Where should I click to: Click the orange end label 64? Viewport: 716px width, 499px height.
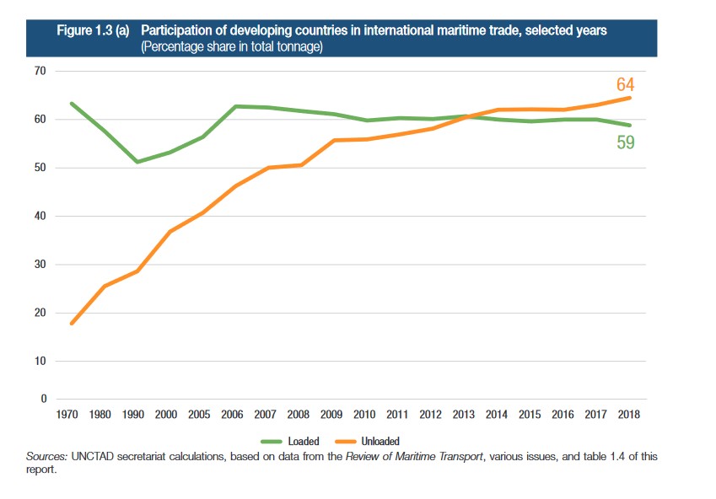[625, 85]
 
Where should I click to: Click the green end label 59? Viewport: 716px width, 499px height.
[625, 142]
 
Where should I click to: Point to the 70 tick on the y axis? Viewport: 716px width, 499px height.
[39, 72]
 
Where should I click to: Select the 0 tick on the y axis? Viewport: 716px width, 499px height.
[42, 399]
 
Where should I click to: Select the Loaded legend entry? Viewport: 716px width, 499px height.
[290, 441]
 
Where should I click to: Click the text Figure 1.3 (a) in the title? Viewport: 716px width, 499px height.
[92, 30]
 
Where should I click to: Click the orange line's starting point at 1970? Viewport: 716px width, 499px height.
[73, 323]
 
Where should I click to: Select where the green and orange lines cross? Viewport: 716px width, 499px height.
[466, 116]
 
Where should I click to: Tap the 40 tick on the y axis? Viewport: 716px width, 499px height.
[39, 217]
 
